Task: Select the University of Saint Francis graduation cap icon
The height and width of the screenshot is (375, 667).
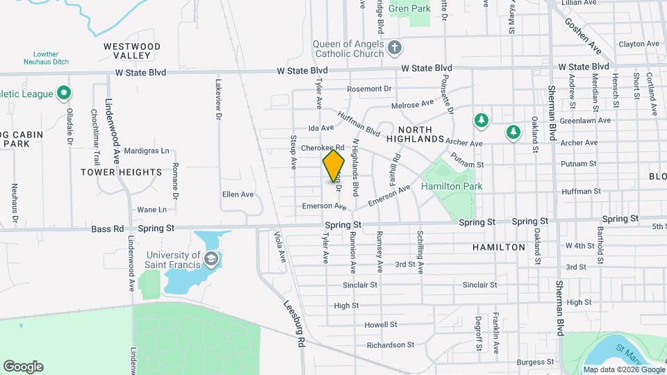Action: [x=211, y=260]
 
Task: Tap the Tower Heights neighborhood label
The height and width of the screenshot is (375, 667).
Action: [x=121, y=172]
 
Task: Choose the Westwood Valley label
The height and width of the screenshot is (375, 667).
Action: [x=132, y=51]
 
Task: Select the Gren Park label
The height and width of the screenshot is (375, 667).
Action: [x=410, y=9]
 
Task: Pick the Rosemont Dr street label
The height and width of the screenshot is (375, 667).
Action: [x=370, y=89]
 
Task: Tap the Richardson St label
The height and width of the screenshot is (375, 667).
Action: [x=390, y=344]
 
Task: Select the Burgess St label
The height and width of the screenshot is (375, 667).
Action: [x=535, y=361]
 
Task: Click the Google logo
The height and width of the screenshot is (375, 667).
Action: [x=23, y=367]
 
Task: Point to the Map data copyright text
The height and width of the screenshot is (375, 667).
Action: [x=623, y=369]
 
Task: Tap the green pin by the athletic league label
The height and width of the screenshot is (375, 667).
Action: [x=64, y=92]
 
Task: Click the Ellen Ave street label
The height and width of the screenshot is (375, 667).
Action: [x=238, y=194]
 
